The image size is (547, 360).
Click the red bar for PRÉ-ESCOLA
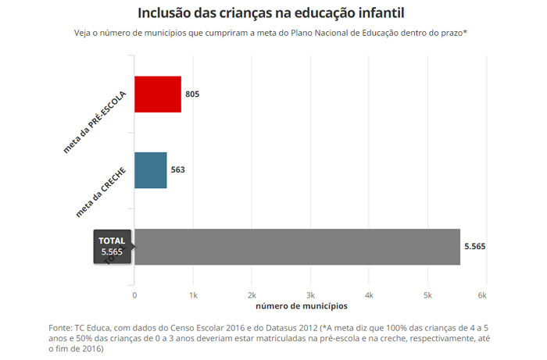[x=158, y=94]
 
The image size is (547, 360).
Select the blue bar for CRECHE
[x=151, y=170]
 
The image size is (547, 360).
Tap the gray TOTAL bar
[x=297, y=247]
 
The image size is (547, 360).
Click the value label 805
[x=192, y=94]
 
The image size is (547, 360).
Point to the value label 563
[x=178, y=169]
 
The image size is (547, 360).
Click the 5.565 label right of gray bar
[x=475, y=247]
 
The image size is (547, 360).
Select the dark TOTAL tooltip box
[x=113, y=247]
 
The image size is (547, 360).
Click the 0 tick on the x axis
[x=134, y=295]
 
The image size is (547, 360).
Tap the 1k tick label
[x=193, y=295]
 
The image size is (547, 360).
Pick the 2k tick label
[x=252, y=295]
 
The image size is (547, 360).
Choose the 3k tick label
[x=310, y=295]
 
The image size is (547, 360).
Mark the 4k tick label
[x=369, y=295]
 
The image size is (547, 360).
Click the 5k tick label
[x=427, y=295]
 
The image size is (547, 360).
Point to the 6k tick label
[x=482, y=295]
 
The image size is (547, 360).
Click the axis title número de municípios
[x=302, y=306]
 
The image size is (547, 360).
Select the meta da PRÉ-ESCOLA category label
[x=95, y=122]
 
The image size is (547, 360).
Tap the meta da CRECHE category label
[x=101, y=192]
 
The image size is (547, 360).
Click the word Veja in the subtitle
[x=82, y=33]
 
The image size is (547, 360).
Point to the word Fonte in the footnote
[x=60, y=328]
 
